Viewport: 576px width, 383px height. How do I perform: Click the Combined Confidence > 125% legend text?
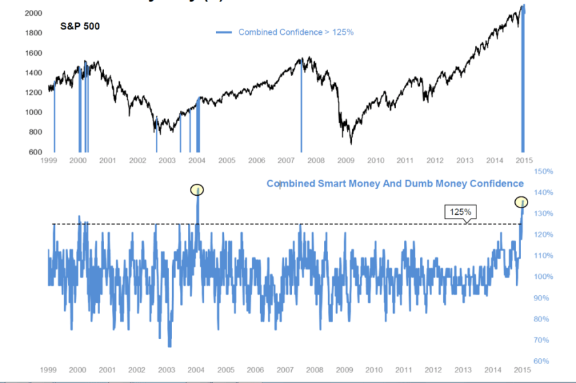click(x=296, y=32)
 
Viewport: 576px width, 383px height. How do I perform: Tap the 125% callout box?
click(x=461, y=211)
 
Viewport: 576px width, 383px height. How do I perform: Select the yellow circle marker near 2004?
click(x=197, y=190)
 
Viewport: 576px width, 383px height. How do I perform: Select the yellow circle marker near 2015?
click(x=521, y=202)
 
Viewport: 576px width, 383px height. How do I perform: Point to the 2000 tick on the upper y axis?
click(x=34, y=13)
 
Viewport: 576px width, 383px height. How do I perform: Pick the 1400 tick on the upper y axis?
click(x=34, y=73)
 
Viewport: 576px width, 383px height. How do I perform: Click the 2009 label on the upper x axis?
click(x=346, y=160)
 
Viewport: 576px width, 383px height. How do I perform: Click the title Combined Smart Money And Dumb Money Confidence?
click(x=395, y=184)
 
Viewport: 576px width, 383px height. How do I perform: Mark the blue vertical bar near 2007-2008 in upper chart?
click(x=302, y=105)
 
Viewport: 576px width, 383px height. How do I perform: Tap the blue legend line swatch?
click(x=224, y=32)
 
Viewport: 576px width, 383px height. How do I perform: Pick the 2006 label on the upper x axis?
click(x=257, y=160)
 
